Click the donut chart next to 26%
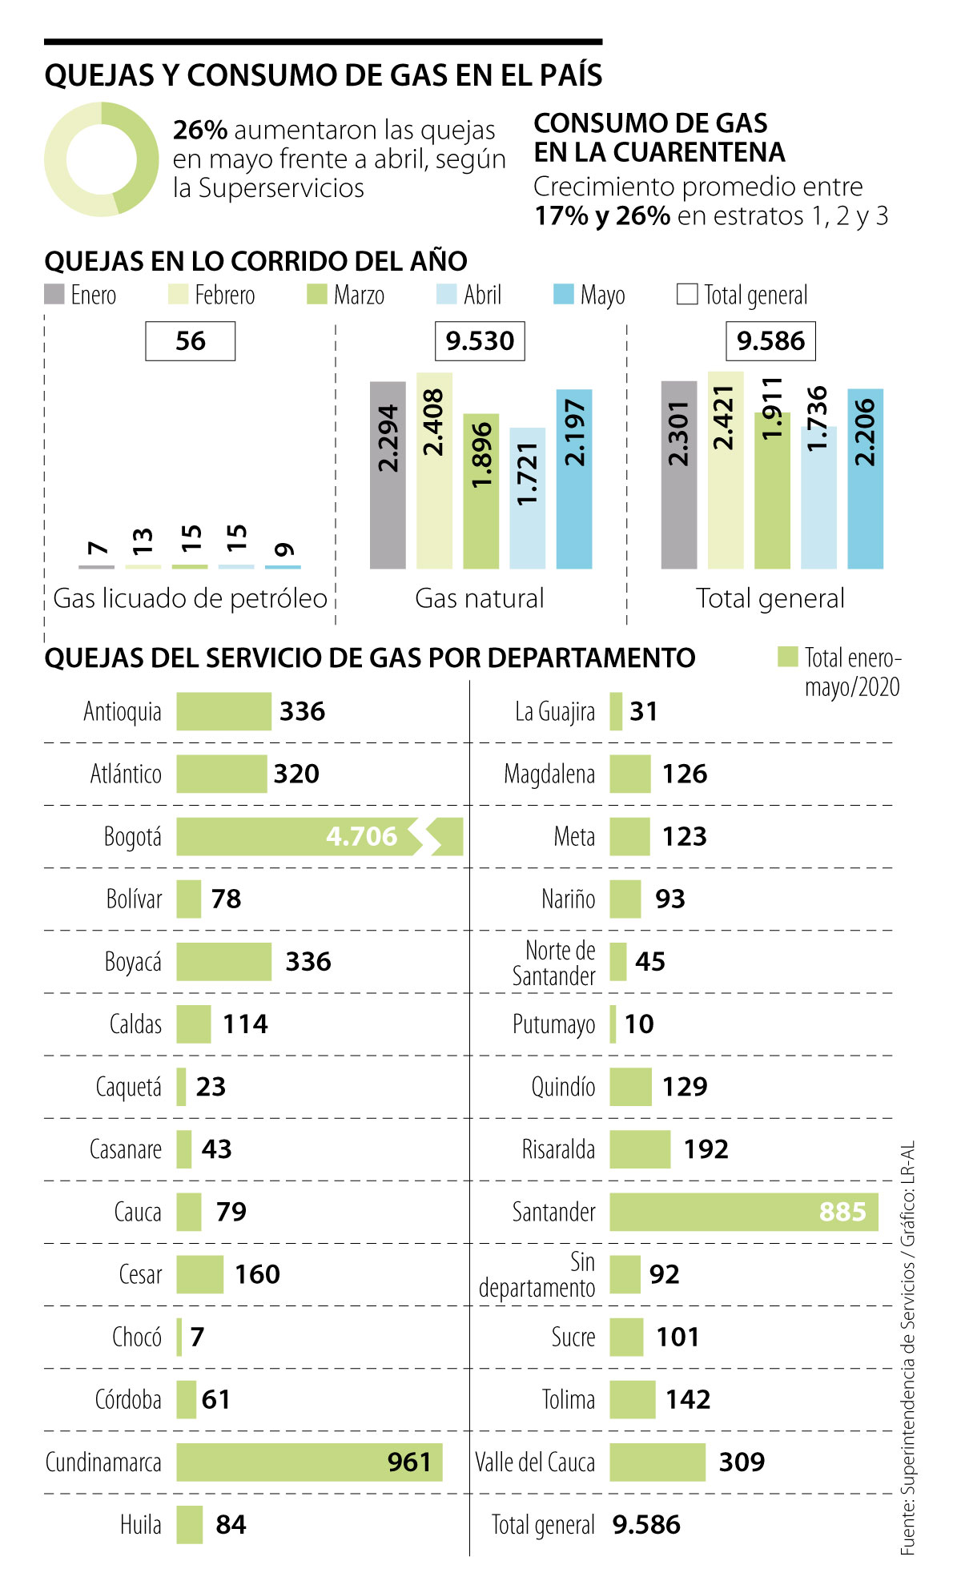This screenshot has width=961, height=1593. (102, 159)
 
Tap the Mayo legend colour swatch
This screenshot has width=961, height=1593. (564, 295)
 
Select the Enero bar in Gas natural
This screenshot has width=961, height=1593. (388, 475)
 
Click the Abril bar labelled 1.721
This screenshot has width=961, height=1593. (527, 498)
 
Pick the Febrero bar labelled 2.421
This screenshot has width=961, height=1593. (726, 470)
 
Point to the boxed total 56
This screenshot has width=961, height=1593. (191, 341)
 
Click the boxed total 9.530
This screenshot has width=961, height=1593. (480, 341)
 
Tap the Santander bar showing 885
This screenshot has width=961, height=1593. (743, 1212)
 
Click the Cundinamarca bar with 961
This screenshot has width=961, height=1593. (309, 1462)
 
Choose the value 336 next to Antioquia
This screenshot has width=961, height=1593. (303, 711)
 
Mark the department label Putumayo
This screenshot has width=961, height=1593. (554, 1024)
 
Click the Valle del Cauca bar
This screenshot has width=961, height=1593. (657, 1462)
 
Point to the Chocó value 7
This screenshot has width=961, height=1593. (198, 1337)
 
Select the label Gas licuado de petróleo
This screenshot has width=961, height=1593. (191, 598)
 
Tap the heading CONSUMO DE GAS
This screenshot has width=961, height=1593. (650, 123)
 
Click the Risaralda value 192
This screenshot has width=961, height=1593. (706, 1149)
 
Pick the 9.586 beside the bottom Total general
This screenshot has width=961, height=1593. (646, 1524)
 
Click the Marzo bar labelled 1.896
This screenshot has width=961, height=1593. (480, 491)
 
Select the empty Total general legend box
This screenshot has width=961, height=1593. (687, 295)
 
